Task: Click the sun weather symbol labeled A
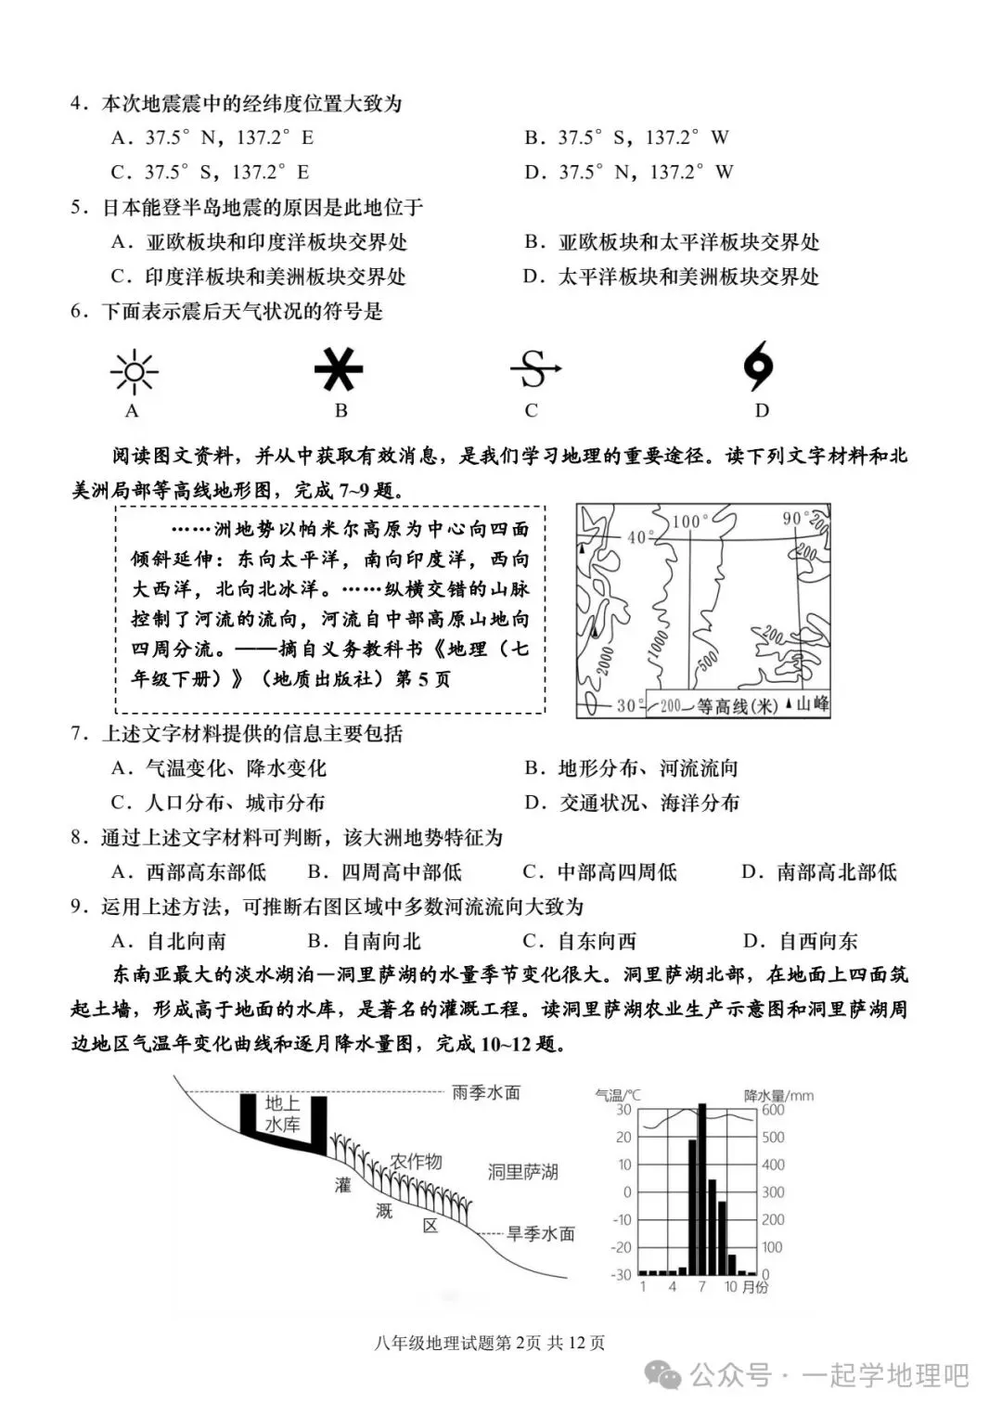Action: coord(134,372)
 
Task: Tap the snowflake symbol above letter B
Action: coord(338,369)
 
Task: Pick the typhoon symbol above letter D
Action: coord(759,368)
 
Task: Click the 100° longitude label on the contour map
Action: coord(688,521)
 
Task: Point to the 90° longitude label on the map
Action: coord(795,518)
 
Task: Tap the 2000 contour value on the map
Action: coord(605,661)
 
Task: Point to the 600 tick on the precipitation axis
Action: coord(773,1110)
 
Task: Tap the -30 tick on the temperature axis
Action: coord(622,1275)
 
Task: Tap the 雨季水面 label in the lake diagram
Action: coord(486,1092)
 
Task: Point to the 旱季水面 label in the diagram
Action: coord(540,1233)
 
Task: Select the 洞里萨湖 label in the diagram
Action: coord(523,1172)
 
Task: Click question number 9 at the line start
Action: coord(79,907)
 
